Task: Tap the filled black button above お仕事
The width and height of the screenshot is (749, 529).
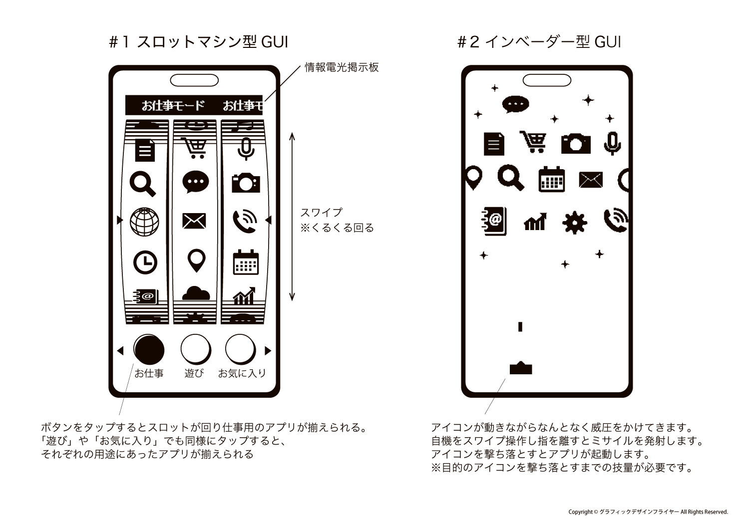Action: tap(149, 349)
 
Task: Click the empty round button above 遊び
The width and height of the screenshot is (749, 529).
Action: tap(196, 349)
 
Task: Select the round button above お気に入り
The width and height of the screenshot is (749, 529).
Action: tap(240, 349)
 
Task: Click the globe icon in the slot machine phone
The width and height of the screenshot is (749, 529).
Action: tap(144, 222)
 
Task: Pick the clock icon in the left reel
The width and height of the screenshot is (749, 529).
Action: tap(145, 263)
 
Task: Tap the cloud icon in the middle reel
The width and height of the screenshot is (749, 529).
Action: tap(196, 293)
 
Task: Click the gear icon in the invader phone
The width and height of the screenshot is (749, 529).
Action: tap(574, 222)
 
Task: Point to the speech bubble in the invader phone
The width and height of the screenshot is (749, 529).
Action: tap(516, 104)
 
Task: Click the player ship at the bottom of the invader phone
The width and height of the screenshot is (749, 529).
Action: tap(521, 368)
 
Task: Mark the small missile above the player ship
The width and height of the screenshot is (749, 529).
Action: tap(520, 326)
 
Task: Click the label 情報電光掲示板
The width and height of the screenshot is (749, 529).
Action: tap(342, 67)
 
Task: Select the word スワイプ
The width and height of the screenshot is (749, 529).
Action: tap(322, 213)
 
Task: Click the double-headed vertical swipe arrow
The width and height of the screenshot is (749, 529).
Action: tap(292, 217)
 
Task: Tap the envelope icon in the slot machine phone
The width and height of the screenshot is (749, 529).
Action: tap(194, 221)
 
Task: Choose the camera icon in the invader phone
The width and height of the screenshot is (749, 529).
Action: tap(576, 143)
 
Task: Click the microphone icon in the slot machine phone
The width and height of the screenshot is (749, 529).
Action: tap(246, 149)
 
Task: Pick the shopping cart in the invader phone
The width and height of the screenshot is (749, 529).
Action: tap(533, 142)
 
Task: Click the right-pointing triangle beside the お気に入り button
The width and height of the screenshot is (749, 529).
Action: tap(268, 350)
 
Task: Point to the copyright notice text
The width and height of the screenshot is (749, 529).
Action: tap(648, 512)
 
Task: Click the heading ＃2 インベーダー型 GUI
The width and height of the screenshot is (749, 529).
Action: tap(539, 42)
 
